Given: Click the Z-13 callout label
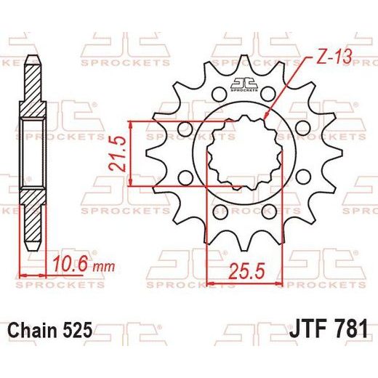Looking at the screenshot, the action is [x=334, y=57].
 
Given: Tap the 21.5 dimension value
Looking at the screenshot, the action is [x=118, y=154].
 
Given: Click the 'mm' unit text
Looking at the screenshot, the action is [x=104, y=267].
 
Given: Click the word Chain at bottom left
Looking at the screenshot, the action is [x=32, y=330].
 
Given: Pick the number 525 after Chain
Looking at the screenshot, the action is [x=78, y=330].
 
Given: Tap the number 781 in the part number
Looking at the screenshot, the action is [x=351, y=329].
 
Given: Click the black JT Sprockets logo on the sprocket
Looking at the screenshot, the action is [x=244, y=85].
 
